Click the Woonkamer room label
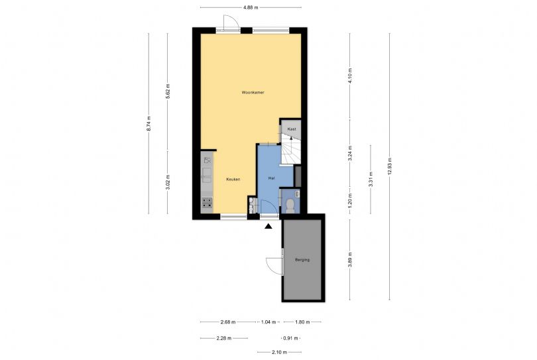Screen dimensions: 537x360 [x=253, y=92]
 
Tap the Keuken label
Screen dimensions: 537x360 [x=233, y=179]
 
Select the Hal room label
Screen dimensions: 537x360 [x=272, y=178]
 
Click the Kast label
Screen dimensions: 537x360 [x=292, y=129]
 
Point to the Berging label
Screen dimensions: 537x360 [x=302, y=260]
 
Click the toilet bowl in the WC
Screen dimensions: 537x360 [x=290, y=204]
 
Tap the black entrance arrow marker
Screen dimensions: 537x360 [x=268, y=226]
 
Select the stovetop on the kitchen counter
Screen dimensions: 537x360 [x=207, y=202]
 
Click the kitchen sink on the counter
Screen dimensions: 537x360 [x=207, y=175]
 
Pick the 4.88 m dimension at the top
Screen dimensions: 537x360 [x=251, y=7]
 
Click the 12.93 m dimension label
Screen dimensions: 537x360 [x=389, y=166]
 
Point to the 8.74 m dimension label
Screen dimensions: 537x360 [x=149, y=123]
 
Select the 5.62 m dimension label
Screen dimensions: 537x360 [x=168, y=91]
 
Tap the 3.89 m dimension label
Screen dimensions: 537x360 [x=349, y=260]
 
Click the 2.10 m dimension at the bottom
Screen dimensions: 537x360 [x=280, y=352]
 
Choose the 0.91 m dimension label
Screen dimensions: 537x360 [x=290, y=338]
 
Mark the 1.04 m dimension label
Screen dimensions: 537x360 [x=268, y=322]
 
